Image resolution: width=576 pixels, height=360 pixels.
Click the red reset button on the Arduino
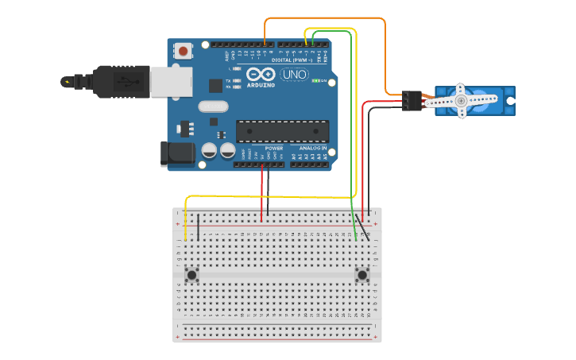(184, 52)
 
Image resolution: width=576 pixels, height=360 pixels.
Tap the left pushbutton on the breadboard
(191, 276)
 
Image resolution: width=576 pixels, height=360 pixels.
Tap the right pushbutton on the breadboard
(362, 276)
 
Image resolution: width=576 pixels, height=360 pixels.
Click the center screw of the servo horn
(461, 101)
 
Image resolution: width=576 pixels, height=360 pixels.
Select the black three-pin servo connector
(410, 101)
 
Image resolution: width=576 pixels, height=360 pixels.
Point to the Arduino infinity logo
(261, 75)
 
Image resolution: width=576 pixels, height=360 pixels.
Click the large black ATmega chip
(283, 132)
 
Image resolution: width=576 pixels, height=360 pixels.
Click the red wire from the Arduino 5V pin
(261, 191)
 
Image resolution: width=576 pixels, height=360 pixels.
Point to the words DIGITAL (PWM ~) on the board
(292, 60)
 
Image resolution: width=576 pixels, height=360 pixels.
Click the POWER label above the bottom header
(273, 149)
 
